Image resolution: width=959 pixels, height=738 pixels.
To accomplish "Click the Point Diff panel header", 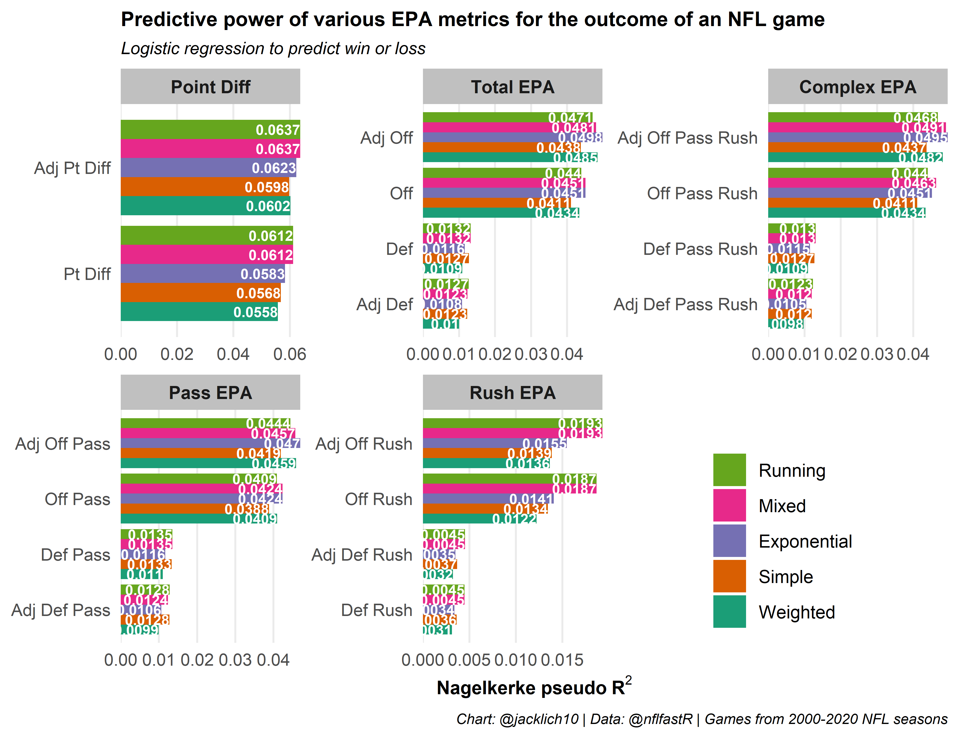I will point(210,87).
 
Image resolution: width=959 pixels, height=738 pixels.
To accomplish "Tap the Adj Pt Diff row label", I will point(73,168).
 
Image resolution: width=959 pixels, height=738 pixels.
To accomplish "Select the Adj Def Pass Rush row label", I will point(686,304).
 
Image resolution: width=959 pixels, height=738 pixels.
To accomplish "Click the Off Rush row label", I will point(378,499).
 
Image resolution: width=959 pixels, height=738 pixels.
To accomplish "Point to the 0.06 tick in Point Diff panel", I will point(289,354).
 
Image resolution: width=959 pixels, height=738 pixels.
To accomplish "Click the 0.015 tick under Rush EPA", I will point(562,660).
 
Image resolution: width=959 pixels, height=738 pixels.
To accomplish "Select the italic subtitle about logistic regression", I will point(273,48).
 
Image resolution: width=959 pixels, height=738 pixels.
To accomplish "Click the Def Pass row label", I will point(75,555).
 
